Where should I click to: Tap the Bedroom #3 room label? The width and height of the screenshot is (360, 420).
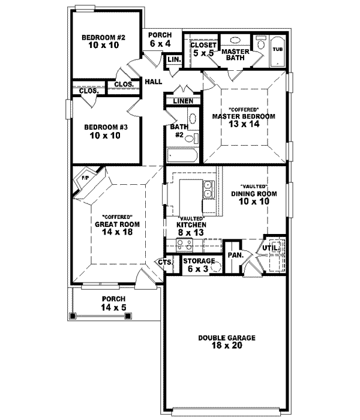coord(103,127)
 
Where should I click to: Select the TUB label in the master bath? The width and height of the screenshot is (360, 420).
coord(278,49)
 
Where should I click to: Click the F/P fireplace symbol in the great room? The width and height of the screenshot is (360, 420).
coord(85,178)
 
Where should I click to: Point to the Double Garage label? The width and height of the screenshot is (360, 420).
coord(227,338)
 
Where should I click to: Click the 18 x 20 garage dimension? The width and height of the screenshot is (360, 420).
coord(227,347)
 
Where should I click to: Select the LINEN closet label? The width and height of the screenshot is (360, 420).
coord(182,101)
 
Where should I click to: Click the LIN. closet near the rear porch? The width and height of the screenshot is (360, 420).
coord(173,60)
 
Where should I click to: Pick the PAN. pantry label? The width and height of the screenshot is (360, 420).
coord(235,255)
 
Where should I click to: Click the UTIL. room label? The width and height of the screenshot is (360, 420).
coord(269,248)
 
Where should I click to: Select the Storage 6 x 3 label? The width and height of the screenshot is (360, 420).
coord(199,265)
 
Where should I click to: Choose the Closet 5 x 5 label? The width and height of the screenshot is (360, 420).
coord(203,49)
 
